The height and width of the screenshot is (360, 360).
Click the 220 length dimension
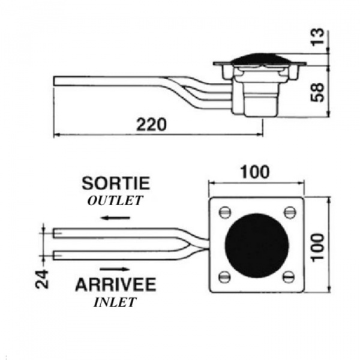click(x=151, y=125)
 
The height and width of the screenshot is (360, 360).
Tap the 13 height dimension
click(x=318, y=37)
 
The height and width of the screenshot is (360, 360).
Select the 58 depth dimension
click(x=317, y=92)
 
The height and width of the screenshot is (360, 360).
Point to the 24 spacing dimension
click(x=42, y=280)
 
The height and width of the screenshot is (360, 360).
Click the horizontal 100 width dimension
click(x=254, y=172)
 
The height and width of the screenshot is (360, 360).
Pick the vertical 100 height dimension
click(x=318, y=247)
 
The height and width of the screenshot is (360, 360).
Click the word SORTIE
click(x=116, y=183)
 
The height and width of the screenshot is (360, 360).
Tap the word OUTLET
click(x=115, y=200)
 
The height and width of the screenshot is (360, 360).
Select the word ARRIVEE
click(x=116, y=284)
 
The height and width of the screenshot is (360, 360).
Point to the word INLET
click(x=115, y=302)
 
